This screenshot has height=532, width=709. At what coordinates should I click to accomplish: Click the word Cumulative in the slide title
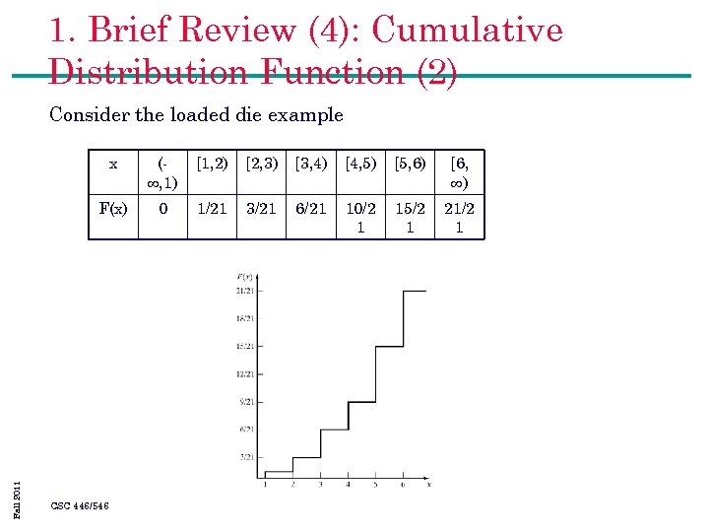pos(467,30)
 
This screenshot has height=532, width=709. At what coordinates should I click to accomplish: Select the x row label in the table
pos(113,164)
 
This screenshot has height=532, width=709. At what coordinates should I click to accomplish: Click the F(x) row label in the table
pos(113,208)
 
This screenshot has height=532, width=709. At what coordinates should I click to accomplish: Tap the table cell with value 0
pos(162,208)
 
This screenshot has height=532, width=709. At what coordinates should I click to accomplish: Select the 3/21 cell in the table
pos(261,208)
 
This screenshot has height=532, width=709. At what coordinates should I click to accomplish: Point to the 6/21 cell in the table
pos(311,208)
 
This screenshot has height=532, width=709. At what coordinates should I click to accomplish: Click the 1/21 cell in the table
pos(212,208)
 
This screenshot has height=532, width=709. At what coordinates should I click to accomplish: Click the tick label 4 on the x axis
pos(348,485)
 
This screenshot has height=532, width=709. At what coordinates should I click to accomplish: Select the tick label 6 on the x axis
pos(403,485)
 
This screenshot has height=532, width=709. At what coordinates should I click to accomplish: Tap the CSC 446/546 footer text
pos(80,506)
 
